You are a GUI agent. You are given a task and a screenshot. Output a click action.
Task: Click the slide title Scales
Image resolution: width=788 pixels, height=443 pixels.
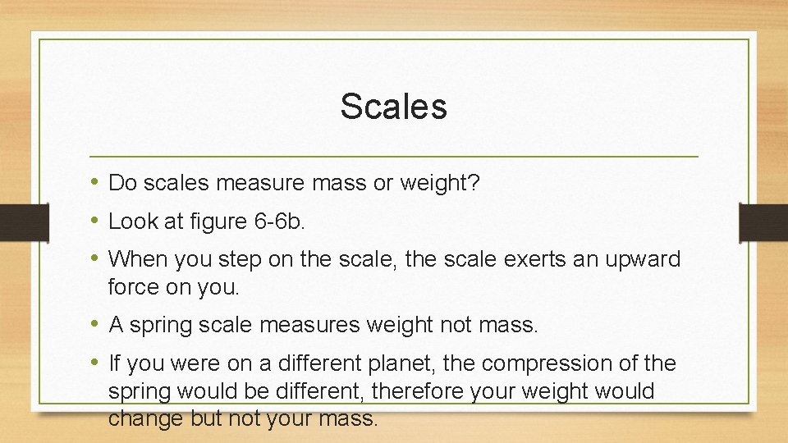pos(393,107)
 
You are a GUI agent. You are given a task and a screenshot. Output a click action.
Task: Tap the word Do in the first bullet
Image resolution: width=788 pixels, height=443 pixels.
pos(121,184)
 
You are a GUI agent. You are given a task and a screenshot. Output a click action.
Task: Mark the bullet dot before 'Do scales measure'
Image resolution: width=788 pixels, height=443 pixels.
pos(95,182)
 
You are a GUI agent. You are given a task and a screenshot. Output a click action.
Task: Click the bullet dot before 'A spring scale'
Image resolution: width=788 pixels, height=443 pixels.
pos(95,323)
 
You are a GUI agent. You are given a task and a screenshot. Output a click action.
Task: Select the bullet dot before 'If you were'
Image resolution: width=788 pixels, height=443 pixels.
pos(95,361)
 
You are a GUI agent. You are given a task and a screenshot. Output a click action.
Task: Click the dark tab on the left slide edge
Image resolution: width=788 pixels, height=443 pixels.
pos(16,222)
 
